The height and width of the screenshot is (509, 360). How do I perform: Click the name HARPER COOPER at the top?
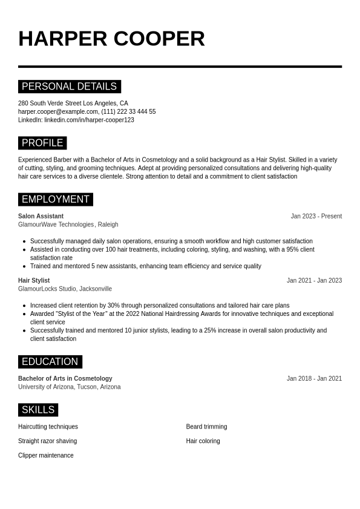click(x=111, y=39)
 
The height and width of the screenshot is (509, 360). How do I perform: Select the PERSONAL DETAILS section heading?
click(x=69, y=87)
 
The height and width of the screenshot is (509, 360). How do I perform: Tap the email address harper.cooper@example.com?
click(x=58, y=111)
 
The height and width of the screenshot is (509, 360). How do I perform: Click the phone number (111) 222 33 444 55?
click(x=128, y=111)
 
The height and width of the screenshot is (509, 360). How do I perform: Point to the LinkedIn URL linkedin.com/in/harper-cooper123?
click(x=89, y=120)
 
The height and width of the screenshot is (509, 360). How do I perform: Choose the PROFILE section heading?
click(x=42, y=143)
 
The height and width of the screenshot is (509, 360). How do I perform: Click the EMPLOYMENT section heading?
click(x=55, y=199)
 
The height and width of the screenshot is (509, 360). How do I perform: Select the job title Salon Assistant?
click(x=41, y=216)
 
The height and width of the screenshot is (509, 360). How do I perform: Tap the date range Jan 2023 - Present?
click(x=316, y=216)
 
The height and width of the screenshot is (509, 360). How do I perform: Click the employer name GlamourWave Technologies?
click(x=56, y=225)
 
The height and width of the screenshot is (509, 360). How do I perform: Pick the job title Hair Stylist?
click(x=34, y=280)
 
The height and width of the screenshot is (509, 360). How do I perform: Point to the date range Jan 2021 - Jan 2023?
click(x=314, y=280)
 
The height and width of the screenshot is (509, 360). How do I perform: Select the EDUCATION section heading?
click(x=50, y=362)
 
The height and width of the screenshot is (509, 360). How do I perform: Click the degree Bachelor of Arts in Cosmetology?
click(x=65, y=378)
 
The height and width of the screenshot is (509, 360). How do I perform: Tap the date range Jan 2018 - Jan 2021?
click(x=314, y=378)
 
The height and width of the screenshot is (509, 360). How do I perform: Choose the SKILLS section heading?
click(x=38, y=410)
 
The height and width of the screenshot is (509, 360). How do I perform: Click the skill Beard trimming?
click(x=206, y=427)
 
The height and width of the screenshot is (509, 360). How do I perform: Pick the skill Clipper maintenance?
click(x=46, y=455)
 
